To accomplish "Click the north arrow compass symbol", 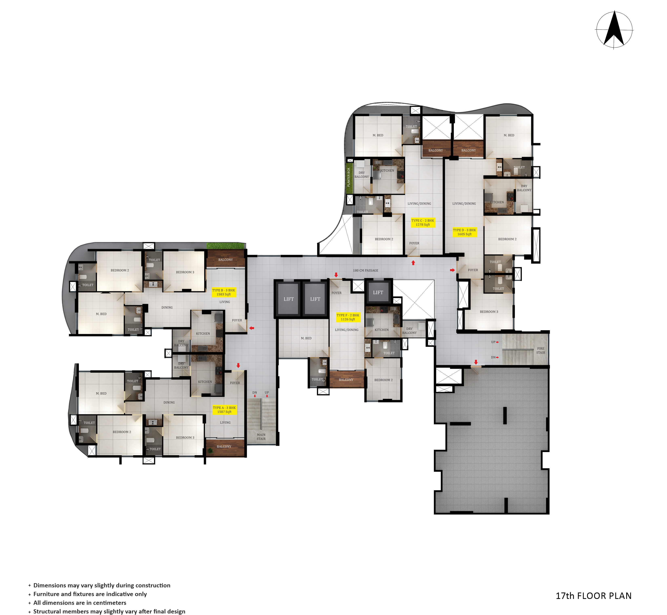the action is click(614, 30).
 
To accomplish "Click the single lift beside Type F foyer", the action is click(378, 292).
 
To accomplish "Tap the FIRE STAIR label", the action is click(541, 351).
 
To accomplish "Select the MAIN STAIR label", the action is click(261, 437).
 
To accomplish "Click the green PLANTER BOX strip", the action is click(349, 177).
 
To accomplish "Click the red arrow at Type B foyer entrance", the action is click(252, 328).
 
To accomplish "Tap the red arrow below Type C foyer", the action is click(413, 263).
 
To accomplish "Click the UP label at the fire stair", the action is click(493, 342).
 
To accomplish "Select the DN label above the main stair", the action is click(254, 393).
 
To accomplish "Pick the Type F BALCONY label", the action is click(346, 380).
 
